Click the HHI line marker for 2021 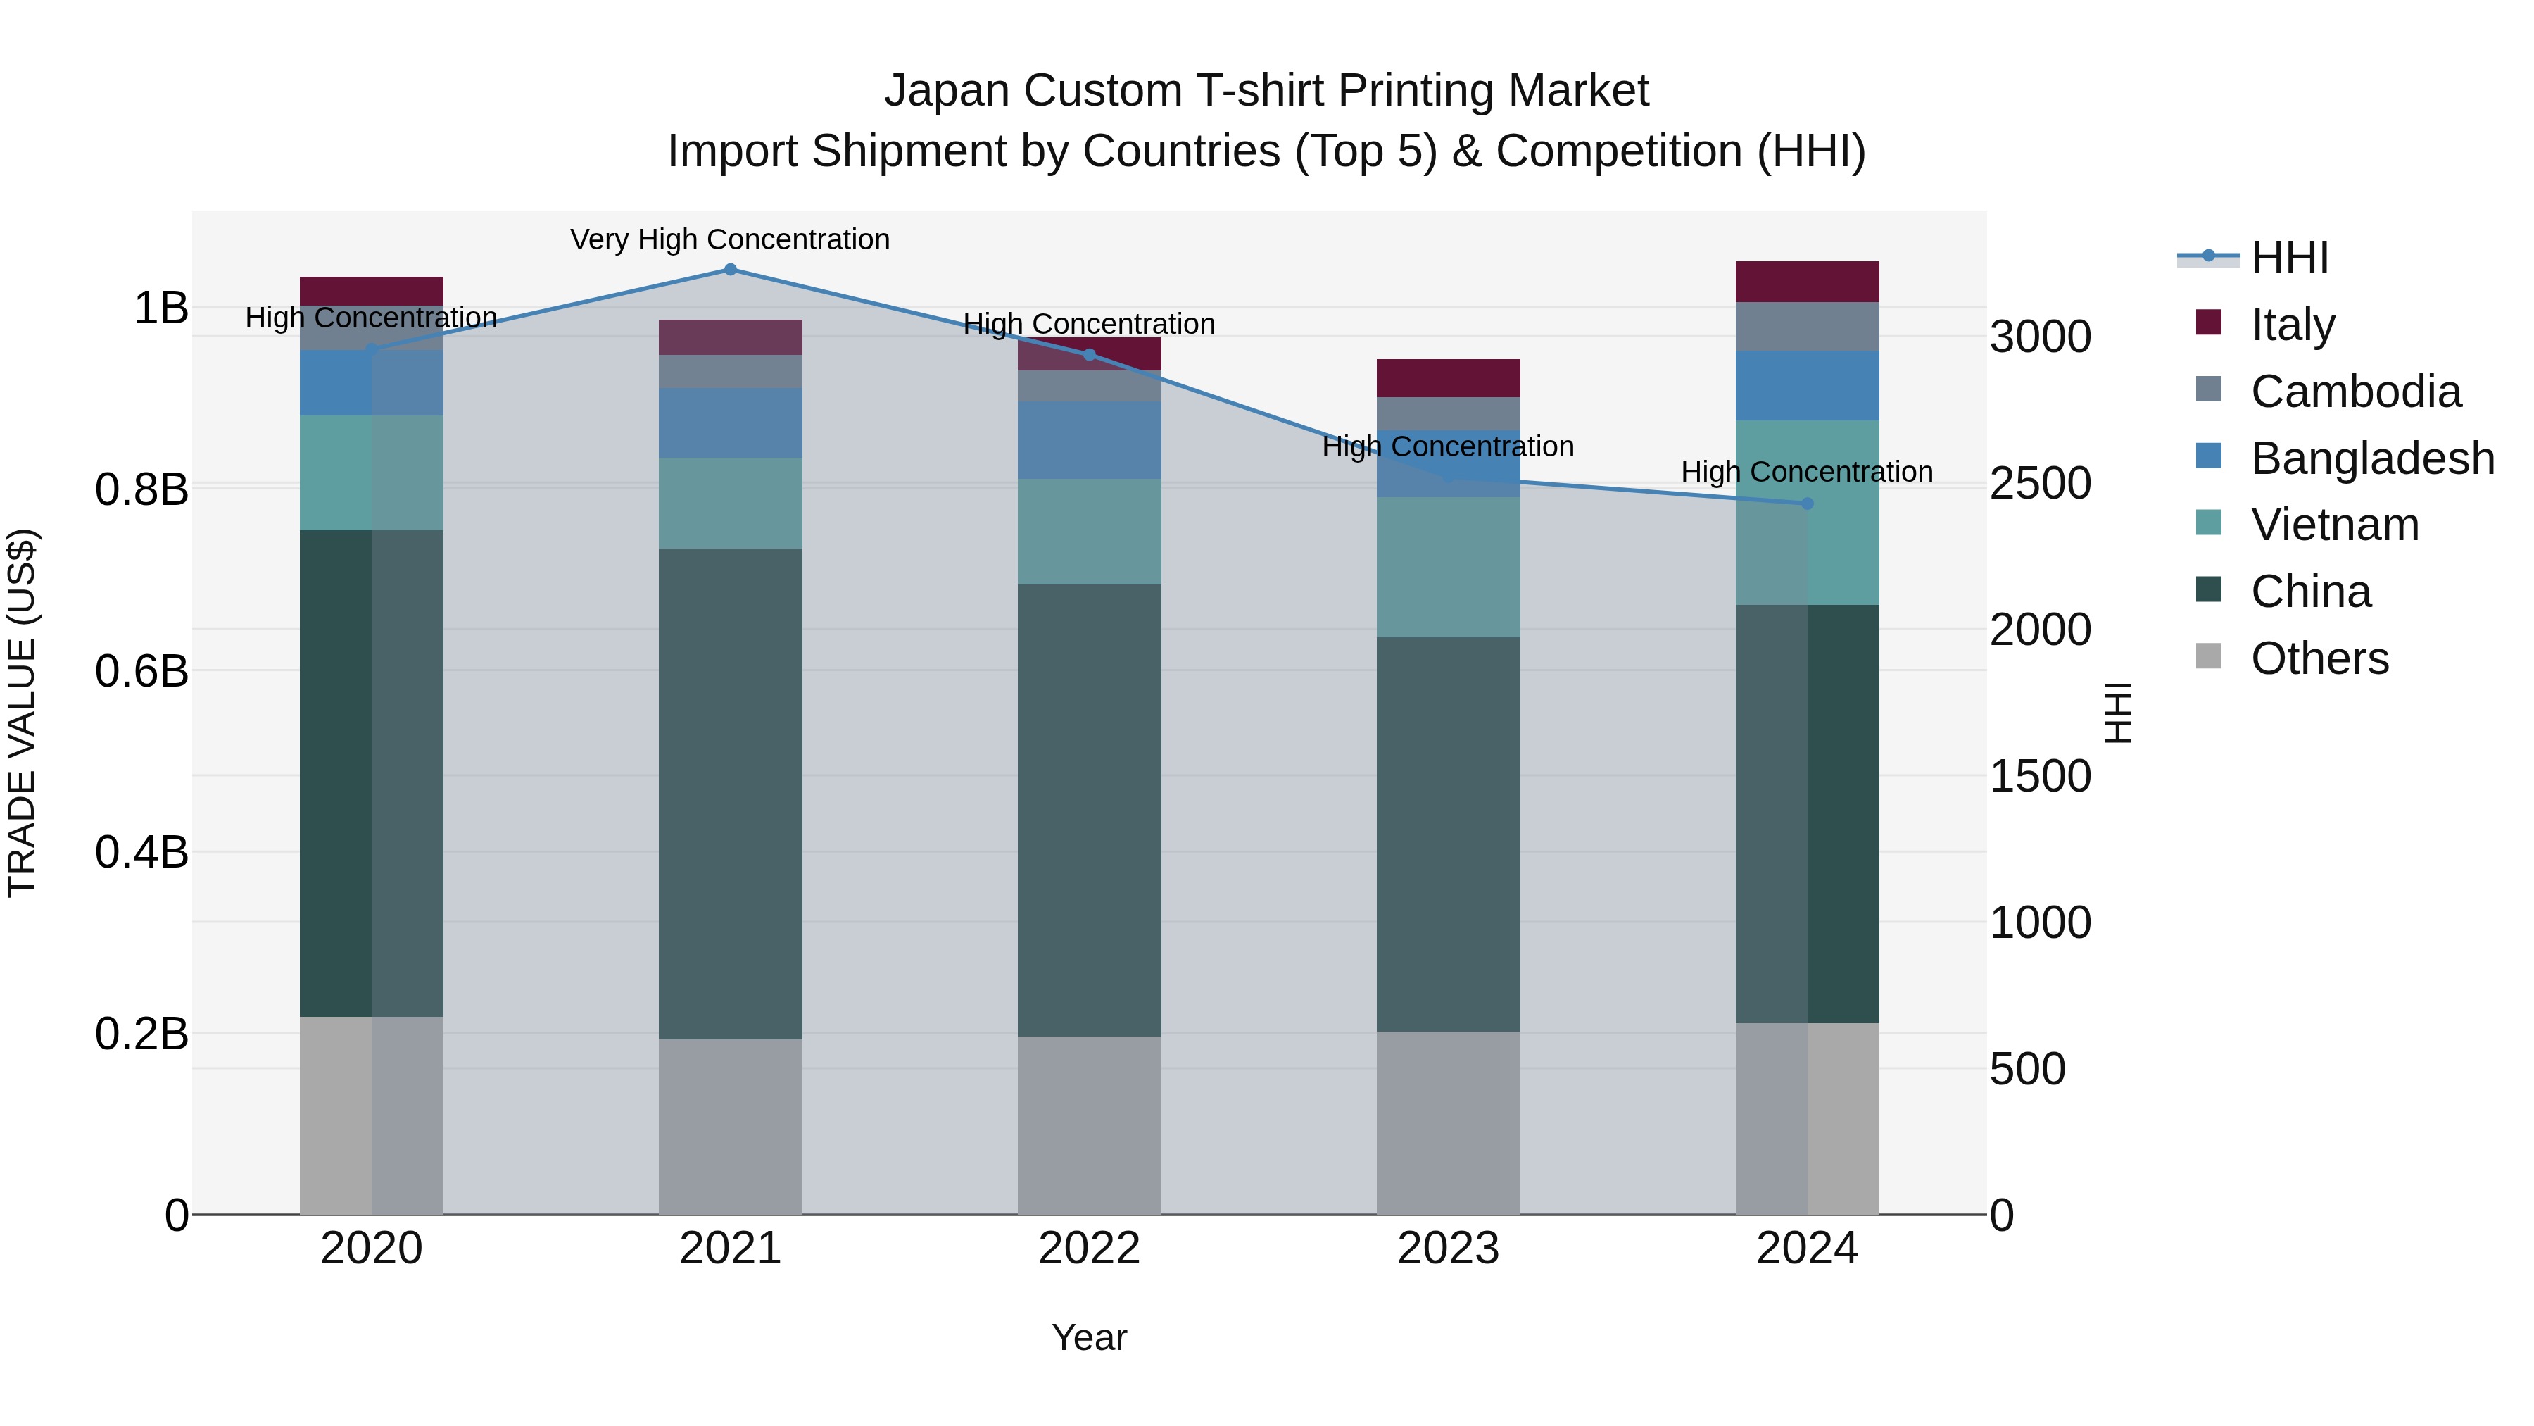tap(730, 270)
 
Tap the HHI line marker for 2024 tap(1807, 504)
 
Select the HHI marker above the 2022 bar tap(1089, 356)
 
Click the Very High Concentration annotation tap(730, 240)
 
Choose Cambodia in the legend tap(2355, 392)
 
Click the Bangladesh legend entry tap(2371, 458)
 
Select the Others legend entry tap(2319, 658)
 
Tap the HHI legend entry tap(2289, 258)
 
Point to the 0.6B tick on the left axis tap(141, 671)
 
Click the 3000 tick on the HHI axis tap(2040, 337)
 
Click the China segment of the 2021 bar tap(730, 793)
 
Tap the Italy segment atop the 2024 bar tap(1807, 282)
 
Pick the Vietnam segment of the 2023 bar tap(1448, 567)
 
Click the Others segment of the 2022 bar tap(1089, 1125)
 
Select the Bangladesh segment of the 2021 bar tap(730, 423)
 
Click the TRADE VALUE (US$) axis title tap(22, 713)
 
